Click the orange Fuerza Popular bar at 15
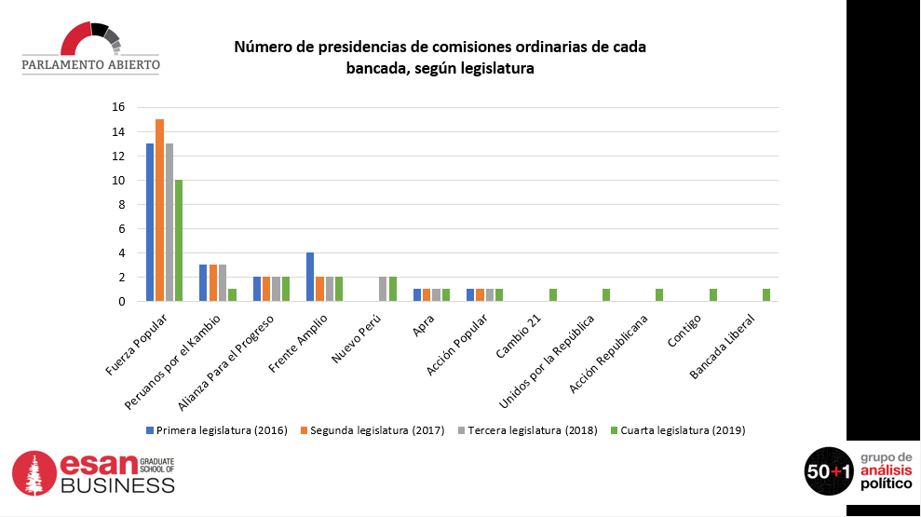[160, 210]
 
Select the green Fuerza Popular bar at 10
[179, 240]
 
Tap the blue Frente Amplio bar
[310, 277]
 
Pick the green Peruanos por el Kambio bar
[232, 294]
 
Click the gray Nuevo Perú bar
[383, 289]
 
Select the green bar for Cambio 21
[553, 294]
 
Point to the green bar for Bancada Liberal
[766, 294]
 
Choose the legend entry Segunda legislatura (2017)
[372, 430]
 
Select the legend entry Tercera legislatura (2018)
[527, 430]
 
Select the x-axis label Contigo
[690, 333]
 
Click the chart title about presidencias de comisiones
[440, 57]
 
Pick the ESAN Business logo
[94, 473]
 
